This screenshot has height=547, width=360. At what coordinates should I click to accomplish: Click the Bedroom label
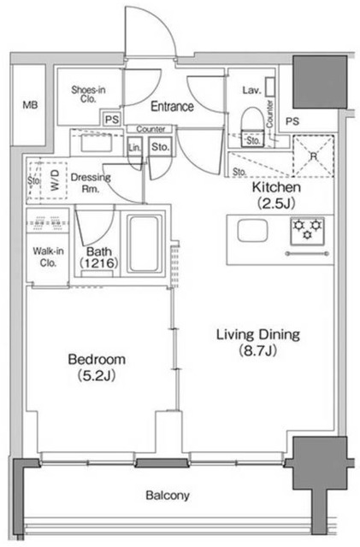(x=97, y=359)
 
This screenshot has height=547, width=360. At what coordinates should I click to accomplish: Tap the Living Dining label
(x=258, y=334)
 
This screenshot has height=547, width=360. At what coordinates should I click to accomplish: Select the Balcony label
(x=168, y=496)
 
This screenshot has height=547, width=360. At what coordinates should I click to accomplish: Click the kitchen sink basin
(x=252, y=231)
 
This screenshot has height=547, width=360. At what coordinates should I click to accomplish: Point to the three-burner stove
(x=307, y=231)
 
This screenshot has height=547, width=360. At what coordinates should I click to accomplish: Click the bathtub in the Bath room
(x=144, y=244)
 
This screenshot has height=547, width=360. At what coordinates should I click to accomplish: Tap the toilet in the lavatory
(x=252, y=126)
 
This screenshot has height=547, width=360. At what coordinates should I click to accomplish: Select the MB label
(x=31, y=104)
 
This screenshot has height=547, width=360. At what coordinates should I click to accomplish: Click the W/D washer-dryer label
(x=56, y=180)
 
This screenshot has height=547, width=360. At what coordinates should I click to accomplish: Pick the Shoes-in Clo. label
(x=88, y=94)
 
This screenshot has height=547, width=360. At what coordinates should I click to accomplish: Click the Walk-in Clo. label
(x=48, y=256)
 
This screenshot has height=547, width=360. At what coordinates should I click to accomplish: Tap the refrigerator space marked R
(x=313, y=156)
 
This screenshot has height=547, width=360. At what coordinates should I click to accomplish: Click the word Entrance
(x=172, y=106)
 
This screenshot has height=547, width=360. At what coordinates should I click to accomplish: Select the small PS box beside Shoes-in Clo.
(x=112, y=120)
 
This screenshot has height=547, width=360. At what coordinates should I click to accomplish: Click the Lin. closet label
(x=135, y=148)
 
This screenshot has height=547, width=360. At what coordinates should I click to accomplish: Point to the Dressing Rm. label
(x=91, y=183)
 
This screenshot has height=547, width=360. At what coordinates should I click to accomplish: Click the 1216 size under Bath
(x=98, y=263)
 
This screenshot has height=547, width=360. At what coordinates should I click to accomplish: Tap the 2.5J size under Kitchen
(x=276, y=203)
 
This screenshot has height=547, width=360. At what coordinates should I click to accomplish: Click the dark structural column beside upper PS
(x=320, y=82)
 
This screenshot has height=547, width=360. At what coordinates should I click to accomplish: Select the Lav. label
(x=251, y=91)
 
